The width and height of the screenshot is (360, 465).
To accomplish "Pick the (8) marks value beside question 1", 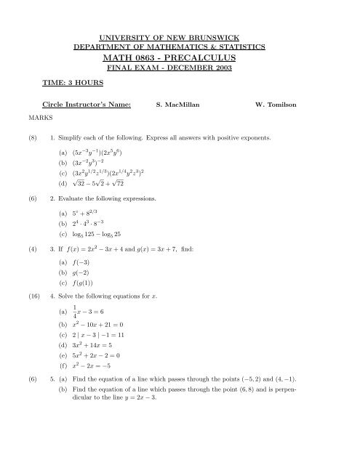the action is tap(31, 137).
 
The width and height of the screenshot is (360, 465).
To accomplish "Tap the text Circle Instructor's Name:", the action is tap(87, 105).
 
